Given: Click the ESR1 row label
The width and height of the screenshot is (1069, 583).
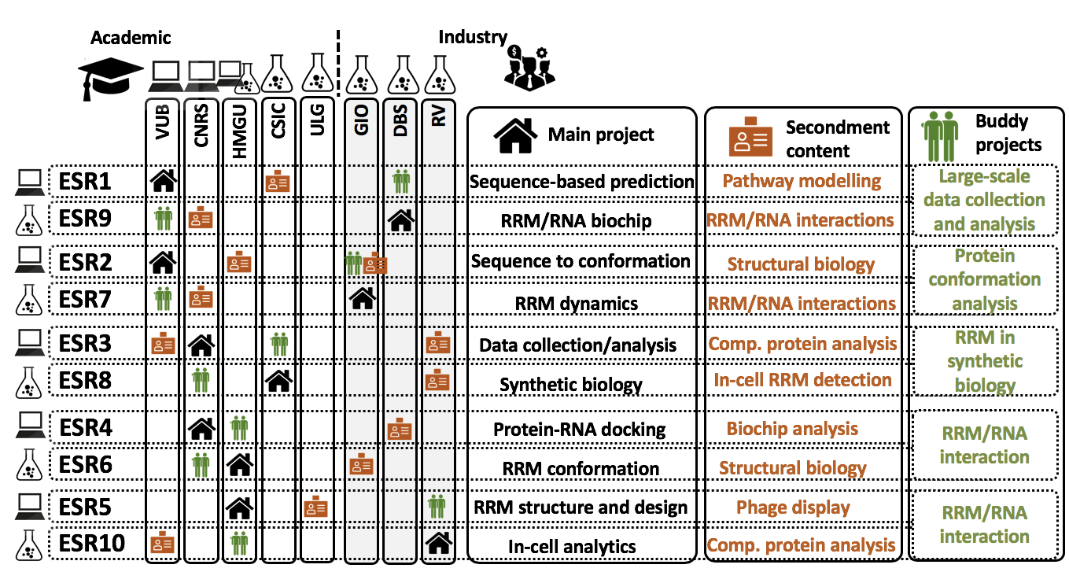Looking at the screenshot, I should pos(85,183).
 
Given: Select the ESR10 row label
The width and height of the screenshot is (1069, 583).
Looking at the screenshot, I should pos(90,544).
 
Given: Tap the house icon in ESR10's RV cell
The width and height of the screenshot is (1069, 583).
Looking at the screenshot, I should pos(437,543).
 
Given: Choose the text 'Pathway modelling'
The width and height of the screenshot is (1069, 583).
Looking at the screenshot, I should pos(802,182).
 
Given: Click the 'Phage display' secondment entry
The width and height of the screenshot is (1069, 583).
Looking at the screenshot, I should pos(793,507).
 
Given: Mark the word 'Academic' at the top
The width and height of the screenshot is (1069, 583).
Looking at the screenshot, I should pos(131,38).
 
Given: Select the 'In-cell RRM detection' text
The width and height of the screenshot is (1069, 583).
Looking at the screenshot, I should pos(802,380).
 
